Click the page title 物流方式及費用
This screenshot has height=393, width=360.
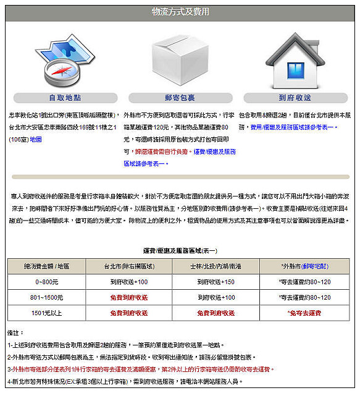pyautogui.click(x=180, y=12)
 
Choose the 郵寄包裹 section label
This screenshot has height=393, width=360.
pyautogui.click(x=180, y=98)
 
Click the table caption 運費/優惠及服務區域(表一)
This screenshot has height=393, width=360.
pyautogui.click(x=180, y=252)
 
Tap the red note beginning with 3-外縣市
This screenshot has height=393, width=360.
pyautogui.click(x=154, y=369)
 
